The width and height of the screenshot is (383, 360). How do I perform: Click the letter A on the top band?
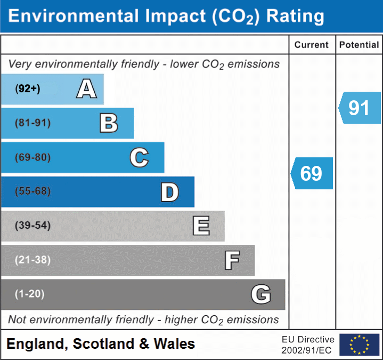click(x=86, y=89)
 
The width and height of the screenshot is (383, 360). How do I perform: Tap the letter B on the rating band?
click(x=109, y=123)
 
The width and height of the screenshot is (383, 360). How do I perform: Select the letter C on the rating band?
click(x=139, y=157)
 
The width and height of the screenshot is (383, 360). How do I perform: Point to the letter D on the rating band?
click(x=169, y=191)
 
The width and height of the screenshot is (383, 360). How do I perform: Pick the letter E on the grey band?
click(x=201, y=226)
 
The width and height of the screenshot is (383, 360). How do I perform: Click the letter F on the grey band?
click(x=232, y=260)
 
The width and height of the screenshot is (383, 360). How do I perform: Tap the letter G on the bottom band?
click(x=261, y=294)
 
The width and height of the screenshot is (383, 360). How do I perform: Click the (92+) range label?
click(x=28, y=89)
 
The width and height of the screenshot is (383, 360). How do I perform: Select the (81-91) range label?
click(x=33, y=123)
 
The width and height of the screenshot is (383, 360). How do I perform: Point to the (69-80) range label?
click(x=33, y=157)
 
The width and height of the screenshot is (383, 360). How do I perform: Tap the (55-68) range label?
click(x=33, y=191)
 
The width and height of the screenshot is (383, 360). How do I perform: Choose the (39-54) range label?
click(x=33, y=226)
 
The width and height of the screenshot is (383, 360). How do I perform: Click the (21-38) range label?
click(x=33, y=260)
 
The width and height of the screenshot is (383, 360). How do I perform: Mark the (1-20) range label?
click(x=30, y=294)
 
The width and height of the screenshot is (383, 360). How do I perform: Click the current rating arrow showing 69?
click(x=312, y=173)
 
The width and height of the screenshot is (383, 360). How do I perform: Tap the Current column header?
click(x=312, y=45)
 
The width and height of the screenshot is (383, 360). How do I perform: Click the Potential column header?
click(x=359, y=45)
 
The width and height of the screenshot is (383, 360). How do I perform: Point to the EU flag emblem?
click(x=359, y=345)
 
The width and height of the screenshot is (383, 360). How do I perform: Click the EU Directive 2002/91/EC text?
click(x=308, y=345)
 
